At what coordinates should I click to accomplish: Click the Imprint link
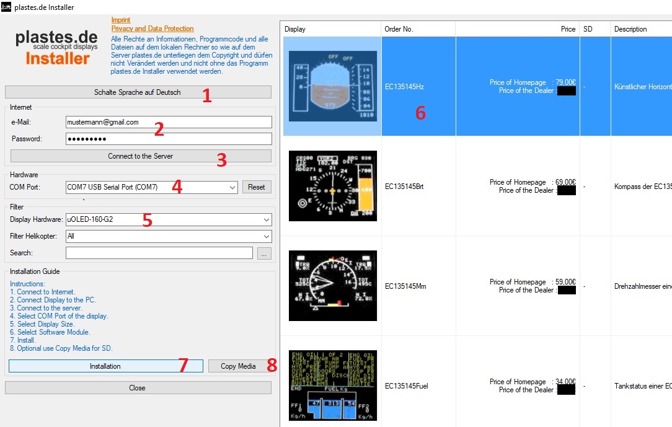coord(121,20)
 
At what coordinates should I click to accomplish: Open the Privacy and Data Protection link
coord(153,29)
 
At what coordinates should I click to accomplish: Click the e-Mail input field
coord(168,122)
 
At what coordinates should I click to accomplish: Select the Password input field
coord(168,139)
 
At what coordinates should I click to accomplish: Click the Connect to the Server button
coord(140,156)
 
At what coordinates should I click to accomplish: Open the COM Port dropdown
coord(151,187)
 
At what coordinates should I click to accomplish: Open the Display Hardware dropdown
coord(168,219)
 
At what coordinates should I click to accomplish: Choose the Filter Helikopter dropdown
coord(168,236)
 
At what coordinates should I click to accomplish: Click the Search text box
coord(159,253)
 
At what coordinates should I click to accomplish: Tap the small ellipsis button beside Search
coord(265,253)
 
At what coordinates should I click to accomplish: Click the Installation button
coord(105,366)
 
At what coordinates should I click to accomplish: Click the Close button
coord(138,388)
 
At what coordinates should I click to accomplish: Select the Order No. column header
coord(418,29)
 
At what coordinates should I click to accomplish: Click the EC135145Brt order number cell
coord(404,187)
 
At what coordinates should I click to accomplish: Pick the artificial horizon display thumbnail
coord(332,86)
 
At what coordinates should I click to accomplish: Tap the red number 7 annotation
coord(183,366)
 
